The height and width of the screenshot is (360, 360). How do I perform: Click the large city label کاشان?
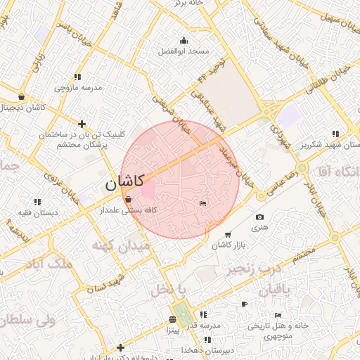pyautogui.click(x=125, y=184)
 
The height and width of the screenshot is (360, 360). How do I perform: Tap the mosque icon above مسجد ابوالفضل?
pyautogui.click(x=184, y=40)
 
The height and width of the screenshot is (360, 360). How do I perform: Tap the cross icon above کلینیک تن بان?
pyautogui.click(x=82, y=124)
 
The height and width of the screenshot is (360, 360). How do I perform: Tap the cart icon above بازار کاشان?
pyautogui.click(x=227, y=234)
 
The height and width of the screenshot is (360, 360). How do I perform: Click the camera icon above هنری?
pyautogui.click(x=260, y=217)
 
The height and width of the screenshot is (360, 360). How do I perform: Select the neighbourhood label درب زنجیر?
pyautogui.click(x=254, y=268)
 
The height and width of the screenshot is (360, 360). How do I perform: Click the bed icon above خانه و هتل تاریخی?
pyautogui.click(x=278, y=315)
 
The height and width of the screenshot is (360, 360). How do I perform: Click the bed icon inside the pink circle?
pyautogui.click(x=202, y=204)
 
